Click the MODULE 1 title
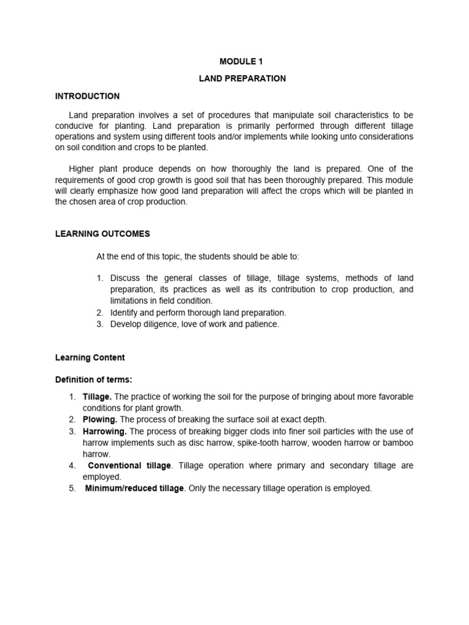244,62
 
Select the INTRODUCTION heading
87,96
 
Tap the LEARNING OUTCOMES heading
102,234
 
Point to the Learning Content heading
90,358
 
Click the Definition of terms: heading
93,380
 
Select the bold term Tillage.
97,397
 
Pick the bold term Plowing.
100,420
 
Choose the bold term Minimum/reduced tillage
134,488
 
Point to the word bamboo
399,443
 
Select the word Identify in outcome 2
125,312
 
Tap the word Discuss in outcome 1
126,278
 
